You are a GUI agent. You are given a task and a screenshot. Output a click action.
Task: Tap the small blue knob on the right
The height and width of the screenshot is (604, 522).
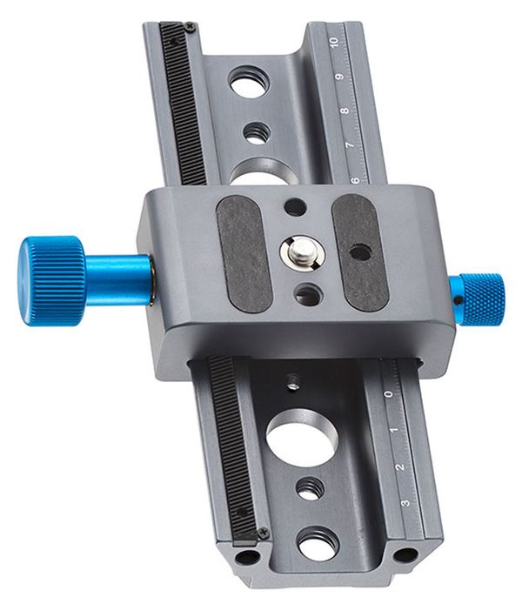(482, 299)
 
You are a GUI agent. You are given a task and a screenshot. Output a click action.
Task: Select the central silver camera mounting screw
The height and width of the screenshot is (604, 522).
(298, 253)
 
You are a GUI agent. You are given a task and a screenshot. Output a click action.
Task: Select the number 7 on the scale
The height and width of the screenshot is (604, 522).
(350, 144)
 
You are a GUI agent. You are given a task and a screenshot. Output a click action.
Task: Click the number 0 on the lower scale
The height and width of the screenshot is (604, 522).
(387, 393)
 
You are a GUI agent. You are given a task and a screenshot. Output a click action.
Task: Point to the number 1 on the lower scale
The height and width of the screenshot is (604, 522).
(393, 430)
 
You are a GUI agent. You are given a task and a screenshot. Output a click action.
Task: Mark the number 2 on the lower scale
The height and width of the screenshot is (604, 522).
(399, 467)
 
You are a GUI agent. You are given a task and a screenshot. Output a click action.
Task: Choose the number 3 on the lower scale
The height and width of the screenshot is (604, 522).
(405, 503)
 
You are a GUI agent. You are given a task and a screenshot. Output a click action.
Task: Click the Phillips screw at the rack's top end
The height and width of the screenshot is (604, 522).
(190, 27)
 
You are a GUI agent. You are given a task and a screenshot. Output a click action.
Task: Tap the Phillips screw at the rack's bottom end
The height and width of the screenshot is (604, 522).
(264, 533)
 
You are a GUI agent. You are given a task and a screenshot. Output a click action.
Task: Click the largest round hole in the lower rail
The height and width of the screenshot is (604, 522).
(300, 436)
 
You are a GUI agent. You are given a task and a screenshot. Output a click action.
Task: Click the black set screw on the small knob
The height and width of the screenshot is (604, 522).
(455, 302)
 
